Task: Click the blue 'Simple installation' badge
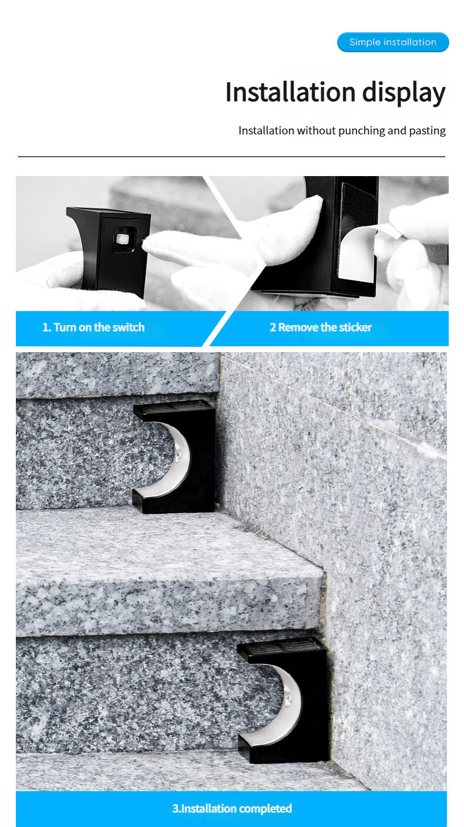(393, 42)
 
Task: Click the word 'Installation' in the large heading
(290, 92)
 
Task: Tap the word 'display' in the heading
(404, 93)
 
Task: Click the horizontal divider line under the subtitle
(231, 157)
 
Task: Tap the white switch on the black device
(122, 238)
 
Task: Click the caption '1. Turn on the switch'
(93, 327)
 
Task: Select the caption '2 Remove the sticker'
(321, 327)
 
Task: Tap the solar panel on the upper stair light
(174, 407)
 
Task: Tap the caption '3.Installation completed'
(232, 808)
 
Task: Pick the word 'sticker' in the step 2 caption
(355, 327)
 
